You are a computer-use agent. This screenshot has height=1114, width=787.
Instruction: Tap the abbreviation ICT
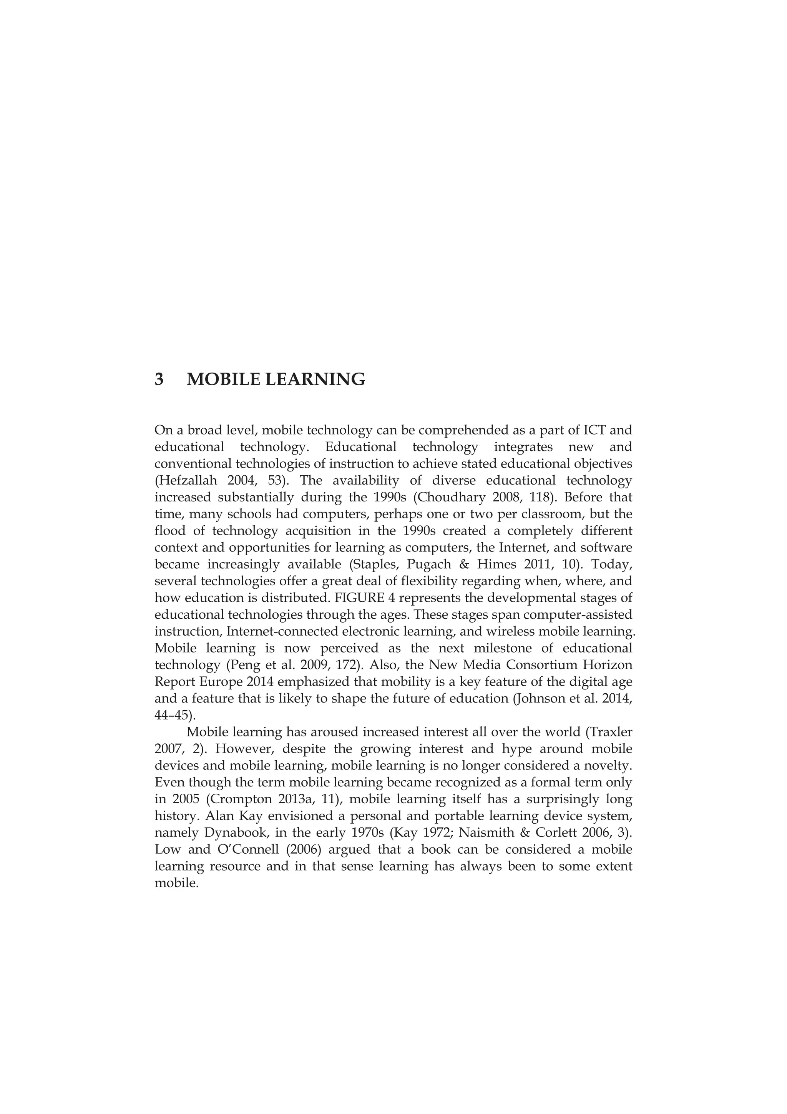pyautogui.click(x=589, y=430)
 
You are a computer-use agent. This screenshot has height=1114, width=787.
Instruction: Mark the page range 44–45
pyautogui.click(x=172, y=716)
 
